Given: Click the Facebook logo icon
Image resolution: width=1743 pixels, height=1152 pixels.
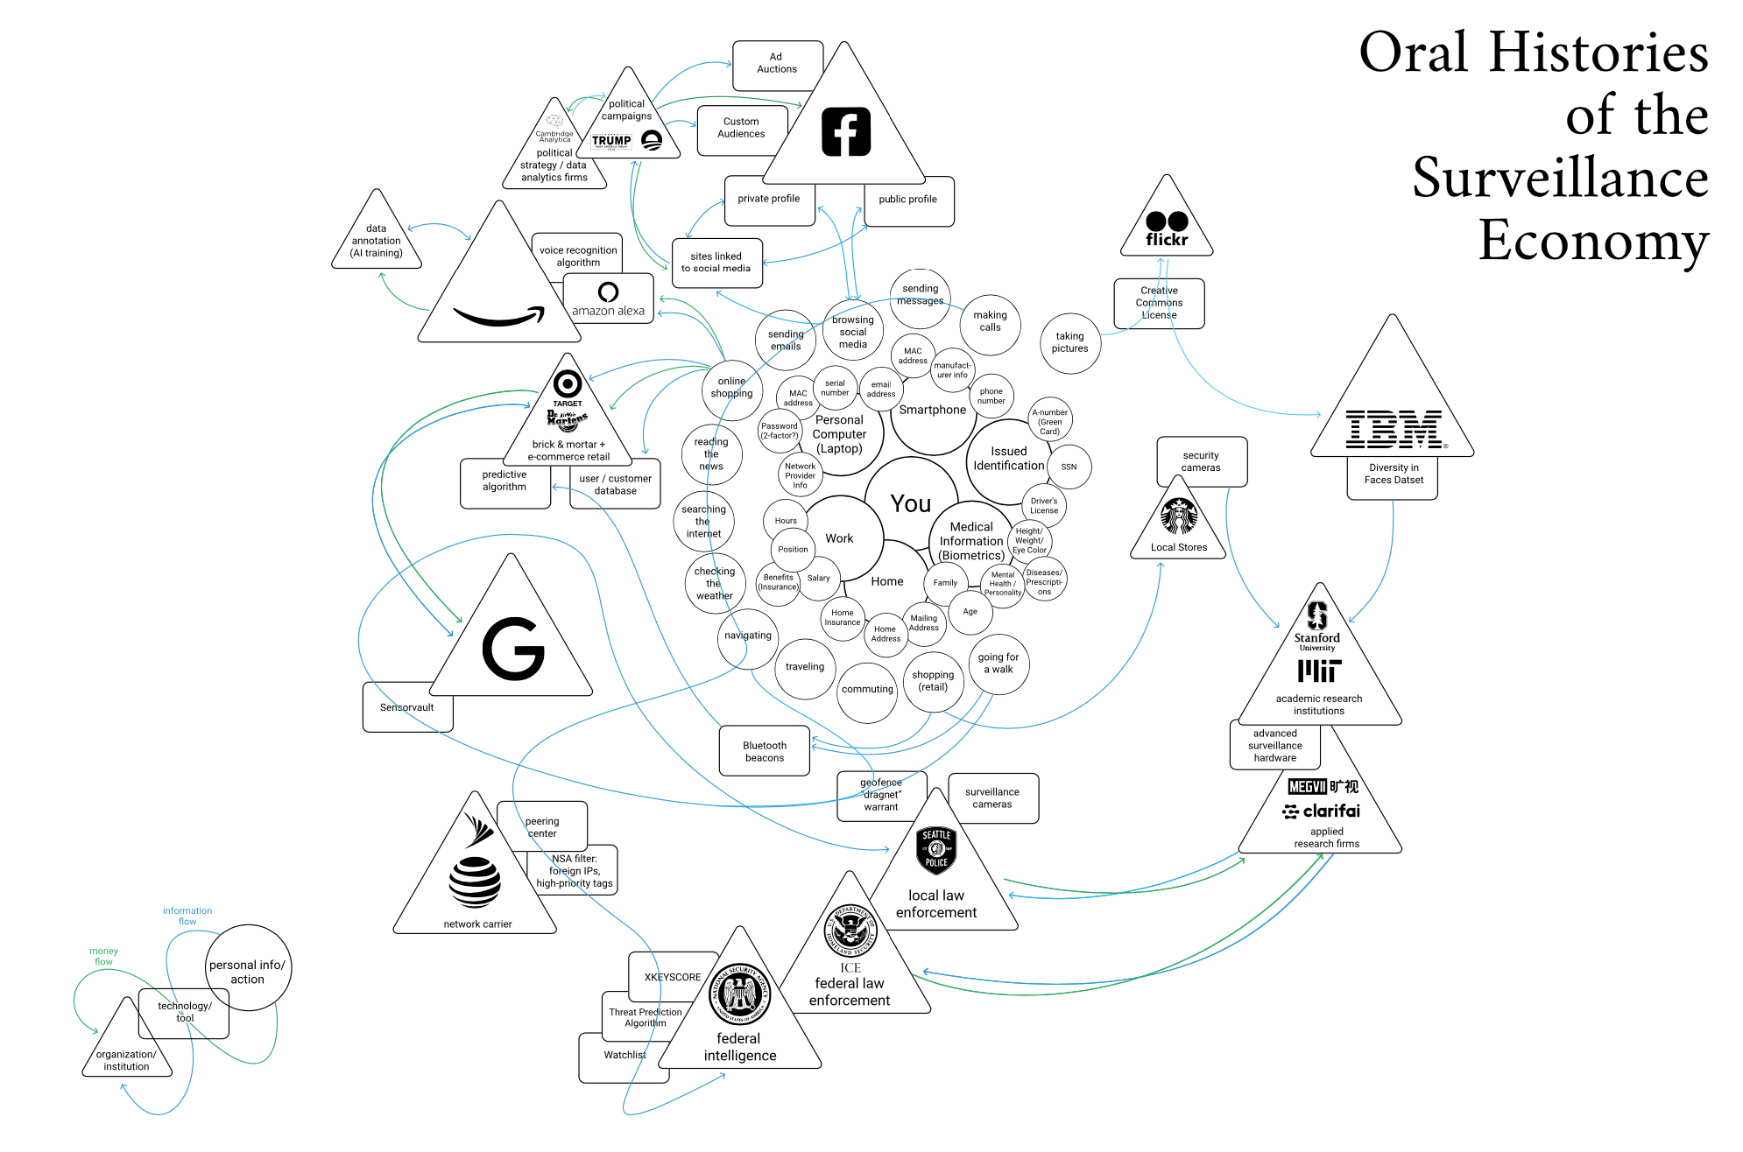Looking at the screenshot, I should pyautogui.click(x=846, y=132).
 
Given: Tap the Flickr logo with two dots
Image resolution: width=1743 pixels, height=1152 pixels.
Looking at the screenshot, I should pyautogui.click(x=1167, y=228).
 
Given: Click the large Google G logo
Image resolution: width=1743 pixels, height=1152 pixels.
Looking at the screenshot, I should pyautogui.click(x=513, y=649).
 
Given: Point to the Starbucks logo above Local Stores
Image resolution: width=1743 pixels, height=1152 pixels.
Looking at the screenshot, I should pyautogui.click(x=1179, y=516).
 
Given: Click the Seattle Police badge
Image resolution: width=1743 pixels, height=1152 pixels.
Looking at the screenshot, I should pyautogui.click(x=936, y=849).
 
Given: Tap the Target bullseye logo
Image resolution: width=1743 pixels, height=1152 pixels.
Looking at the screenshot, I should pyautogui.click(x=568, y=383).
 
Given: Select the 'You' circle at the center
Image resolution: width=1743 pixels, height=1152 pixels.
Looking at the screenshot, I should pyautogui.click(x=911, y=503).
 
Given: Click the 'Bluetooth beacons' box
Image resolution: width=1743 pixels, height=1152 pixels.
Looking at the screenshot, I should pyautogui.click(x=765, y=751).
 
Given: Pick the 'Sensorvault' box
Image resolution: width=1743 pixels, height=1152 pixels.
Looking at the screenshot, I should pyautogui.click(x=407, y=707).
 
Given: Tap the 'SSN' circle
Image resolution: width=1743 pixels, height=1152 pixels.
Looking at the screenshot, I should pyautogui.click(x=1069, y=467).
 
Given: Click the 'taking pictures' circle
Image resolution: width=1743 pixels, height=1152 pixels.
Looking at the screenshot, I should pyautogui.click(x=1069, y=342).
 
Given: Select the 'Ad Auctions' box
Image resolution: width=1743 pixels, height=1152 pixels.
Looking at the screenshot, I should pyautogui.click(x=777, y=64).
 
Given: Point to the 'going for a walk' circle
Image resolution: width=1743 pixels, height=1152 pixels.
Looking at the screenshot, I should pyautogui.click(x=999, y=664).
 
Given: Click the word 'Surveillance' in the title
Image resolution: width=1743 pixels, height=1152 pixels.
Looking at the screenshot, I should pyautogui.click(x=1560, y=178).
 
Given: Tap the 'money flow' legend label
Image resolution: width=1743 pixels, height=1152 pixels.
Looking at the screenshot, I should pyautogui.click(x=103, y=956).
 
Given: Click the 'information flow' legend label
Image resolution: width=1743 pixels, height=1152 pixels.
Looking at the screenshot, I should pyautogui.click(x=187, y=916).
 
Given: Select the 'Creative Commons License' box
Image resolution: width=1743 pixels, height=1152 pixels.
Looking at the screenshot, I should pyautogui.click(x=1159, y=303).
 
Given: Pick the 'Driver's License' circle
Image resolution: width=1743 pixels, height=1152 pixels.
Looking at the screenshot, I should pyautogui.click(x=1044, y=505).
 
